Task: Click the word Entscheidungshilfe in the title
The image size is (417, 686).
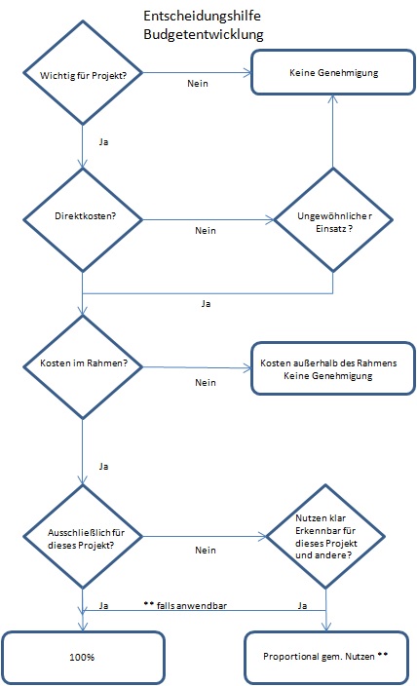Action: point(202,17)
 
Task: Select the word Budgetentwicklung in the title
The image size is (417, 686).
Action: point(204,34)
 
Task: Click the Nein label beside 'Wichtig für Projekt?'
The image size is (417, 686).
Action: point(198,84)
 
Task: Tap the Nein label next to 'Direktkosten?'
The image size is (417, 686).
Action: point(206,231)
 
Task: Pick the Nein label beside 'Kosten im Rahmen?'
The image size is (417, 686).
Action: point(206,383)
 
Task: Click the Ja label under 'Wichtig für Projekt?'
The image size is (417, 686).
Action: point(103,142)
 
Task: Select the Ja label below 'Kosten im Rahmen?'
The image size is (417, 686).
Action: point(103,467)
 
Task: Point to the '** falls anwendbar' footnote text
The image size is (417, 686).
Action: point(185,605)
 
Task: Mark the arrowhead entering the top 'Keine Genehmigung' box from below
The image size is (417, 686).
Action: point(333,99)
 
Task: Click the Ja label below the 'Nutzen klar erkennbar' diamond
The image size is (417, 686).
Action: point(302,606)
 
